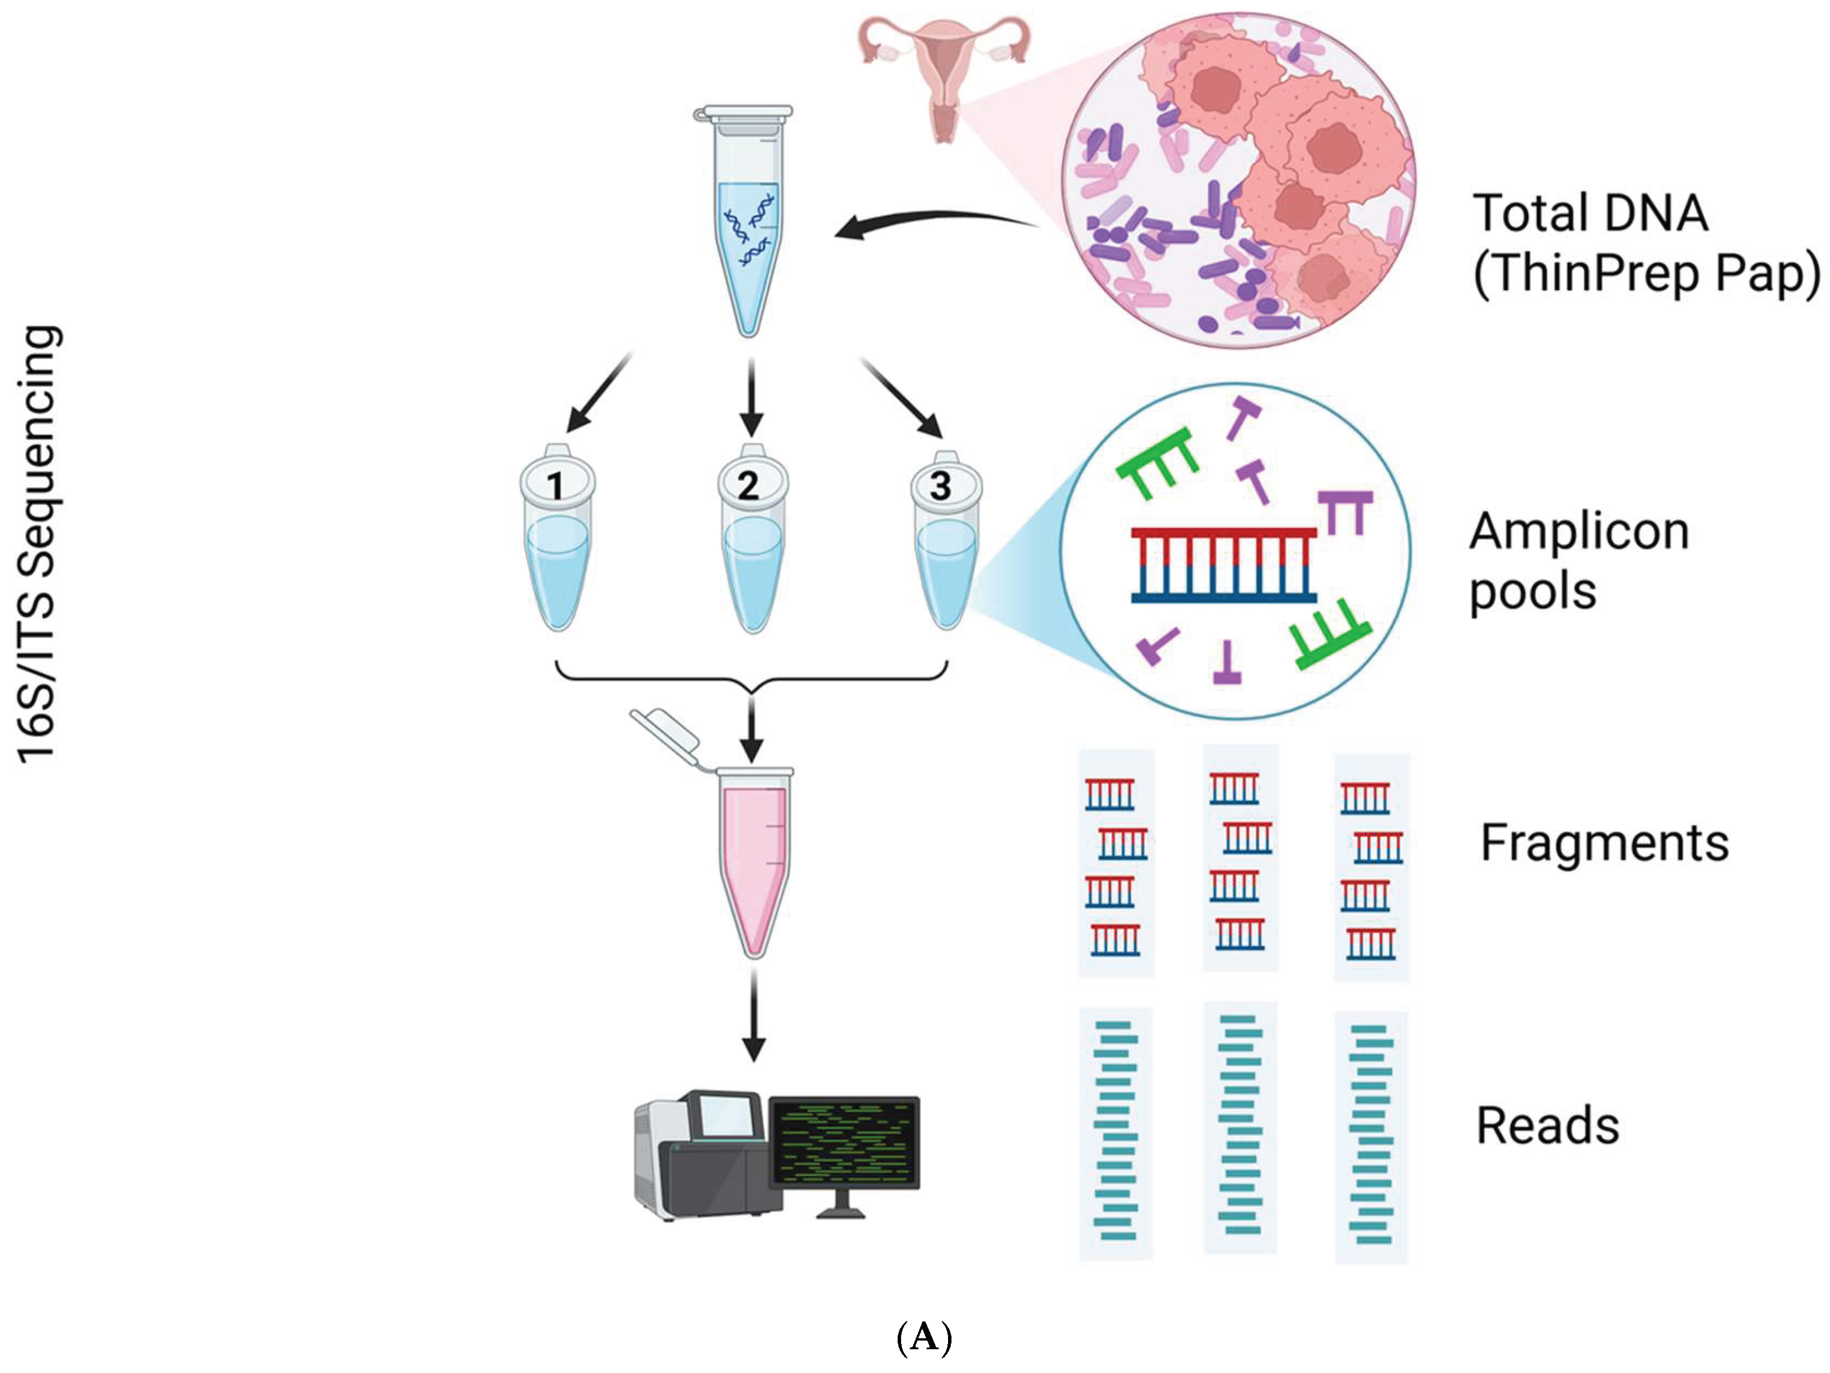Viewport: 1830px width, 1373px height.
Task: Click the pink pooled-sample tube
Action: click(x=753, y=861)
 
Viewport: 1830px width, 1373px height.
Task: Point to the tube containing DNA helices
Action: click(x=747, y=224)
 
